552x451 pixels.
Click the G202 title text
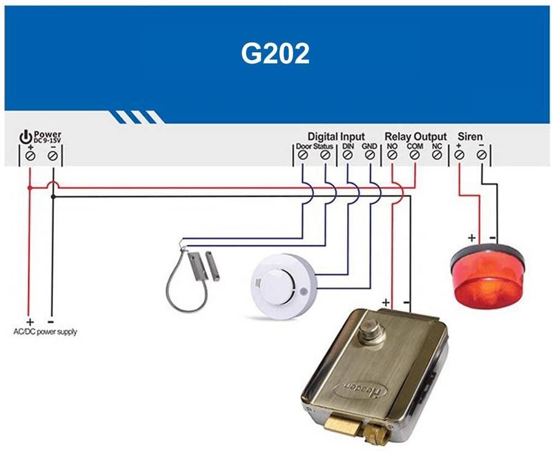tap(275, 54)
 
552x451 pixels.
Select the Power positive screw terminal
tap(29, 156)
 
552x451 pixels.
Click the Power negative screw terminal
tap(53, 156)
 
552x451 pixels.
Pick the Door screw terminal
tap(302, 156)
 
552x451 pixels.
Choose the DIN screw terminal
tap(347, 156)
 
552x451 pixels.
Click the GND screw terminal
tap(370, 156)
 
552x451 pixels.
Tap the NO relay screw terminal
tap(392, 156)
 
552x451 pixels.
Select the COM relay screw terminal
tap(415, 156)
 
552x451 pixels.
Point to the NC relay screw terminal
tap(437, 156)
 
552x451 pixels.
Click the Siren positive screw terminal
tap(459, 156)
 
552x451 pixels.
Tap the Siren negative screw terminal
tap(481, 156)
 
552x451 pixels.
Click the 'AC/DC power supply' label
tap(45, 332)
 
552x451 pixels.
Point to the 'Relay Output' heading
tap(415, 136)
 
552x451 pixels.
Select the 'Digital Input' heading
tap(336, 136)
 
